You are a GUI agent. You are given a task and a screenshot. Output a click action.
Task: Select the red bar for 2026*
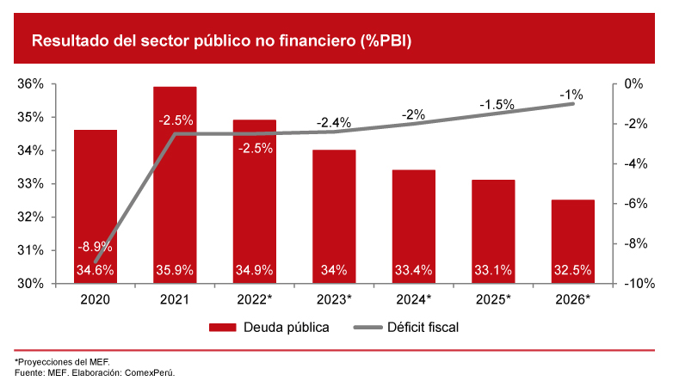(x=573, y=241)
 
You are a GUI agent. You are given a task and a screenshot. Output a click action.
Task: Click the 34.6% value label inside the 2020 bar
(x=95, y=270)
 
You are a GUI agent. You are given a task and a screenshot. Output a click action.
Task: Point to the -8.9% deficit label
(x=95, y=248)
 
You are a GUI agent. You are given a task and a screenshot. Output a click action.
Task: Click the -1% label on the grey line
(x=571, y=95)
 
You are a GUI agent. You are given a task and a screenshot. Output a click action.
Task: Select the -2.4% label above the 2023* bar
(x=334, y=123)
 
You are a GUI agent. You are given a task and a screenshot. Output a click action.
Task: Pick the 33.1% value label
(x=493, y=270)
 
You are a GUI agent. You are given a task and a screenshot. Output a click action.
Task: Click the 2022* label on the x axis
(x=254, y=299)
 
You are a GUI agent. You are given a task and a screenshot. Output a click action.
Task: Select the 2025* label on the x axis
(x=493, y=299)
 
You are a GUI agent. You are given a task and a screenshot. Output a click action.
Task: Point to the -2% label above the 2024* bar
(x=413, y=114)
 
